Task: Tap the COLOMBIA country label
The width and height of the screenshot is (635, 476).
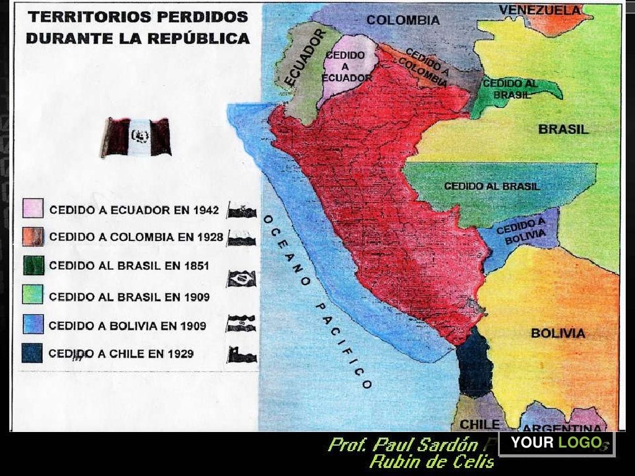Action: coord(403,20)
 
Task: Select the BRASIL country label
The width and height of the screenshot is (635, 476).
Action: coord(563,130)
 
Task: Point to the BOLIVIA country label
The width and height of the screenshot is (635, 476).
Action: coord(557,333)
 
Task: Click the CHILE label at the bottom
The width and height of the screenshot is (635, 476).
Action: coord(479,424)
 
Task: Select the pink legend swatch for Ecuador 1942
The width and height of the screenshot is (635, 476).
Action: coord(33,209)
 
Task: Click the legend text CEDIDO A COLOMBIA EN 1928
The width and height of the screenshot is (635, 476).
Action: coord(136,237)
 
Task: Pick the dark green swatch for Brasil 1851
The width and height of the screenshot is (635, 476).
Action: coord(33,265)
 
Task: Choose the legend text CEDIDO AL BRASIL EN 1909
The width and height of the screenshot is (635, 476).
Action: coord(129,297)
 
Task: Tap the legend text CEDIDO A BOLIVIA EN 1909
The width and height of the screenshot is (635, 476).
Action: coord(127,325)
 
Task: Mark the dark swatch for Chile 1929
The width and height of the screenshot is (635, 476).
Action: coord(32,354)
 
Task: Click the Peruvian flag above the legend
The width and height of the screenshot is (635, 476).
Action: coord(136,136)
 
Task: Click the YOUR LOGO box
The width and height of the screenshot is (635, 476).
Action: coord(556,443)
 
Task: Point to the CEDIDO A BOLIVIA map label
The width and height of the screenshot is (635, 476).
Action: coord(521,230)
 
